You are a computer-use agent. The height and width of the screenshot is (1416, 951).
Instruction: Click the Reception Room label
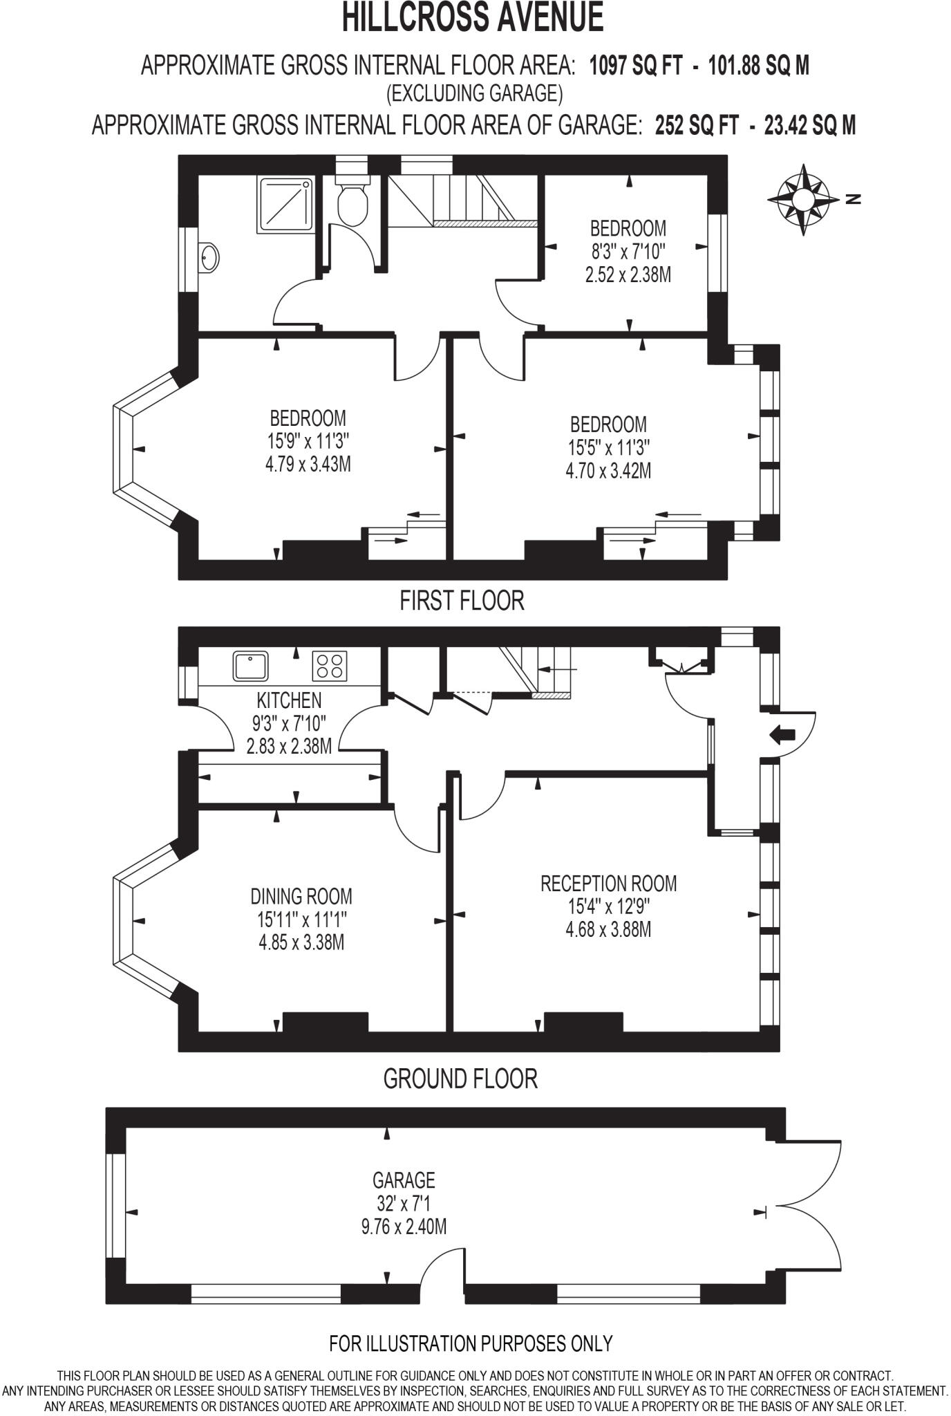(608, 884)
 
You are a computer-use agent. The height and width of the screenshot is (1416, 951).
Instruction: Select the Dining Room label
(301, 897)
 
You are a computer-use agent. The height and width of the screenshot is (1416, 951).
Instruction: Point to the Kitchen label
(289, 700)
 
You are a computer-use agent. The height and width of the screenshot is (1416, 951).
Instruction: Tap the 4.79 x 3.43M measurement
(308, 464)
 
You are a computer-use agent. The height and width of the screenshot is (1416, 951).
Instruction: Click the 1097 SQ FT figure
(634, 66)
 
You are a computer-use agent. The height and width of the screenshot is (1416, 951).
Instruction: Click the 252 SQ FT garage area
(695, 126)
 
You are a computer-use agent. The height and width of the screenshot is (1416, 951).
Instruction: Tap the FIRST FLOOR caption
(462, 600)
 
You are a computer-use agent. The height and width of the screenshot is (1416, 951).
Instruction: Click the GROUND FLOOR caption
(460, 1079)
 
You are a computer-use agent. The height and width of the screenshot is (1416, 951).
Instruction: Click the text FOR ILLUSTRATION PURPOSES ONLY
(471, 1343)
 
